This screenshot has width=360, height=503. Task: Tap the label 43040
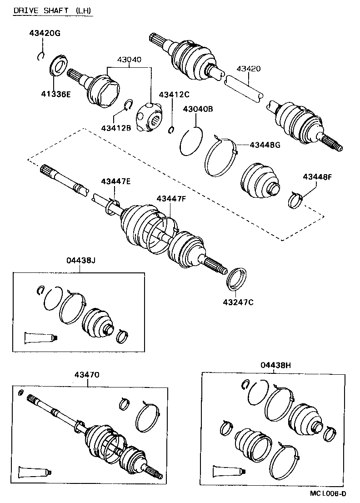129,60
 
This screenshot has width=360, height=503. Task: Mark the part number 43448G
265,145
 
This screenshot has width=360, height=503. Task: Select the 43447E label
116,181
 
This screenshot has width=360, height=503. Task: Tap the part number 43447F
171,199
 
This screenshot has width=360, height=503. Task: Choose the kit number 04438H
275,364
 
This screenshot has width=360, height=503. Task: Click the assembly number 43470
87,374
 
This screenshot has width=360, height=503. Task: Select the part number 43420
248,69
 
